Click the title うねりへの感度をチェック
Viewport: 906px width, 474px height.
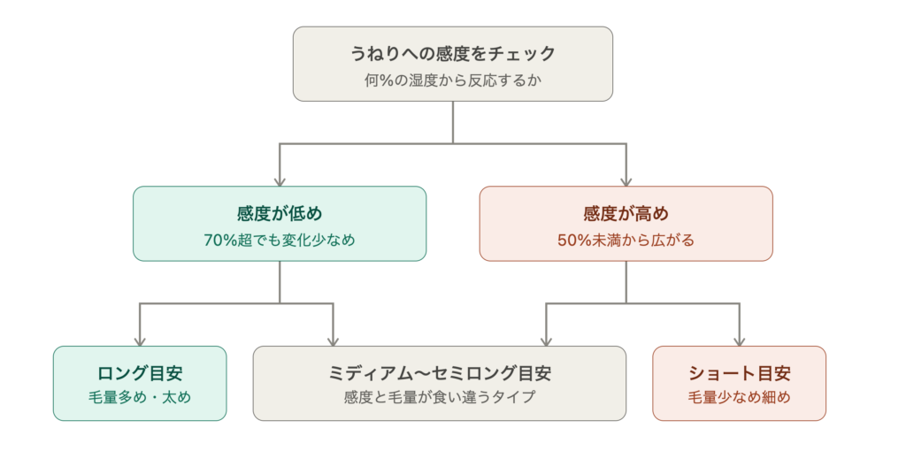(x=452, y=54)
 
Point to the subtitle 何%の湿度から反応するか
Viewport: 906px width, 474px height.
(x=452, y=80)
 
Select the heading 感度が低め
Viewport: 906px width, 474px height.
(x=280, y=214)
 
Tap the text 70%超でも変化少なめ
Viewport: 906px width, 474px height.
(x=280, y=241)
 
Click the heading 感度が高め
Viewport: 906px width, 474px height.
(x=626, y=214)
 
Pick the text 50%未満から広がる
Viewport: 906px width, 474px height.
(x=626, y=241)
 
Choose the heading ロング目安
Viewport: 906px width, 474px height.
(x=140, y=373)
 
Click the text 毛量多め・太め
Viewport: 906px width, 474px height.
(x=140, y=397)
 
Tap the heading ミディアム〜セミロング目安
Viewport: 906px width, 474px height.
(x=440, y=373)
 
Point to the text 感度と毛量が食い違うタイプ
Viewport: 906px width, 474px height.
(x=440, y=397)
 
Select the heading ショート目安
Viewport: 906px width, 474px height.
(x=739, y=373)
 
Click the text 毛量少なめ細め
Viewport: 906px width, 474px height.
(x=739, y=397)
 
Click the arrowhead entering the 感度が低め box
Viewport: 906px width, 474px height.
(x=280, y=182)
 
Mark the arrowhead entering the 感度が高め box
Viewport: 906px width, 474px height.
(x=626, y=182)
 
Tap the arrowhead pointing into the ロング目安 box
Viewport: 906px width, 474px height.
(x=140, y=341)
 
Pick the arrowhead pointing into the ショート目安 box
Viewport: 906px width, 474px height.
(x=739, y=341)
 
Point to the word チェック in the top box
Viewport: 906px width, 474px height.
(x=522, y=54)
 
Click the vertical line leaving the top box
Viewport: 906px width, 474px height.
(x=452, y=122)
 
